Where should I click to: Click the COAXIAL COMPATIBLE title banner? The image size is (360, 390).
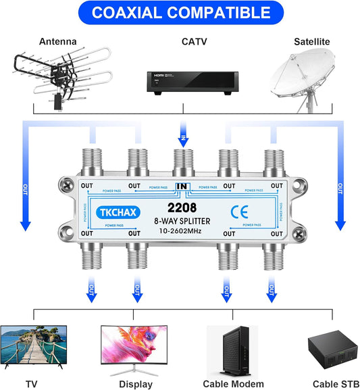click(180, 13)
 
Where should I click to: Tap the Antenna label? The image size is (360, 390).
click(59, 42)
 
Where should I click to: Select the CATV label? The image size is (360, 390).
click(182, 42)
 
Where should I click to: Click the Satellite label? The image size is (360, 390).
click(311, 42)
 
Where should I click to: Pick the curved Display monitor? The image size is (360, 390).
click(134, 346)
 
